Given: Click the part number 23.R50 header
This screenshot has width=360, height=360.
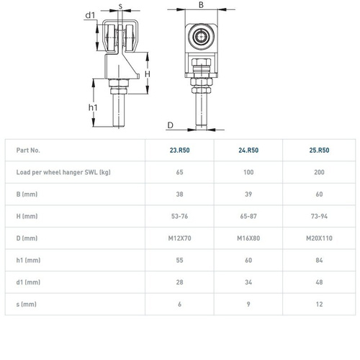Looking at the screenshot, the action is [179, 150].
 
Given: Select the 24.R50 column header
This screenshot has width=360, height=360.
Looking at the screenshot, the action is [248, 150].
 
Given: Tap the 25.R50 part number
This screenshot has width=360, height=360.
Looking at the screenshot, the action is [319, 150].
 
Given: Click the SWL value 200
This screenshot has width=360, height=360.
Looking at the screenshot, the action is [319, 172].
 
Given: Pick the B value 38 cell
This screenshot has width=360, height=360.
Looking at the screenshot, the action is [179, 194].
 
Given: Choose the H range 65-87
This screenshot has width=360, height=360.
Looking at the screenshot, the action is [248, 216].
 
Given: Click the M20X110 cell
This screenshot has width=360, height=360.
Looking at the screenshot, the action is [319, 238].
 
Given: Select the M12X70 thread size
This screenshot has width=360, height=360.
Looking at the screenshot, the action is [179, 238].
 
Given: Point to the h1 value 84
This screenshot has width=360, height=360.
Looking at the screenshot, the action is [319, 260].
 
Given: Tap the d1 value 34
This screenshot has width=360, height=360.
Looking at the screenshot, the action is [248, 282].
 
